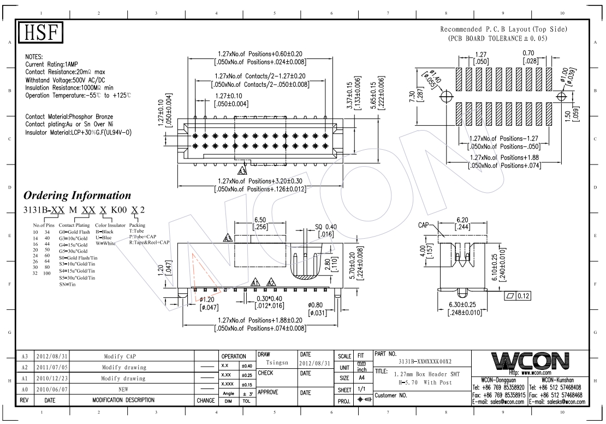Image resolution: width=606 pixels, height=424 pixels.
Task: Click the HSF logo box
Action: (40, 32)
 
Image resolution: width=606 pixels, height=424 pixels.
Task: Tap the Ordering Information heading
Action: (78, 196)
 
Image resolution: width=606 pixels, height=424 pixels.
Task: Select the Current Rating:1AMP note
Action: (51, 64)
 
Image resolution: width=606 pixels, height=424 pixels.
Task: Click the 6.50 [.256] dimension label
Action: (260, 223)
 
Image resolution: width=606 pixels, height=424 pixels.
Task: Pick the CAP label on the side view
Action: (424, 225)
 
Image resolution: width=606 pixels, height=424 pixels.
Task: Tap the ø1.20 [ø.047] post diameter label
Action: (209, 303)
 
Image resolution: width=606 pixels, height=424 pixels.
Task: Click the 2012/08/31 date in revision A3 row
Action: (52, 356)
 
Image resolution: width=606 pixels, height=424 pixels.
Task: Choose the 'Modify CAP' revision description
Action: (120, 356)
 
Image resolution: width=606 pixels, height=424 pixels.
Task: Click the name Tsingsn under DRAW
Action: (277, 362)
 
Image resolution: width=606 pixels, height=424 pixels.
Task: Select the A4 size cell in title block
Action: (362, 378)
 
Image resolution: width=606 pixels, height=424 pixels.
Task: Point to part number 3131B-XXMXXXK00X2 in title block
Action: (425, 362)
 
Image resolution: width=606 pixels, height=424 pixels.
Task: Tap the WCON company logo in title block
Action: (530, 361)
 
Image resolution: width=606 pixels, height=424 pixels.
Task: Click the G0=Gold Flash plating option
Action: (74, 232)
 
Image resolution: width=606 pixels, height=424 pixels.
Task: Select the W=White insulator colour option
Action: (105, 243)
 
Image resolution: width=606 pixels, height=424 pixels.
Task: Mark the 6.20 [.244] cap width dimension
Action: (462, 223)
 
